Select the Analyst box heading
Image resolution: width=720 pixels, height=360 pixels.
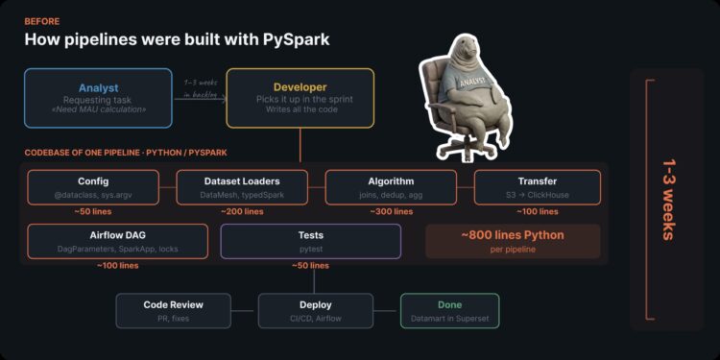coord(84,87)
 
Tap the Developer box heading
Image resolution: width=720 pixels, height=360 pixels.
coord(300,87)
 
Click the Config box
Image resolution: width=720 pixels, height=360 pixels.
coord(93,186)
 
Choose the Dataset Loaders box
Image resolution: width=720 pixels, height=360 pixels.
coord(242,186)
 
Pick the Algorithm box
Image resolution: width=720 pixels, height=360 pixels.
coord(391,186)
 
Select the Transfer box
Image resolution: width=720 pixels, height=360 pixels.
coord(537,186)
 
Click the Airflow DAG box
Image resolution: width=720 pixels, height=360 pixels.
coord(117,241)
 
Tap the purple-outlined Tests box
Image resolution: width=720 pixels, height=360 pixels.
coord(310,241)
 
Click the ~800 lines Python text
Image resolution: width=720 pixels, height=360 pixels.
coord(512,235)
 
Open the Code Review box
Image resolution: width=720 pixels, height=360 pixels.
coord(173,311)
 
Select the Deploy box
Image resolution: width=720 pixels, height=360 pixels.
coord(315,311)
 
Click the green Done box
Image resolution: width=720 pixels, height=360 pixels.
coord(449,311)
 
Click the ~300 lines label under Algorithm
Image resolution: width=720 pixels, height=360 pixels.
coord(391,211)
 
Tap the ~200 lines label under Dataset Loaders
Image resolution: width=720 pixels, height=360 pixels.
coord(242,211)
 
